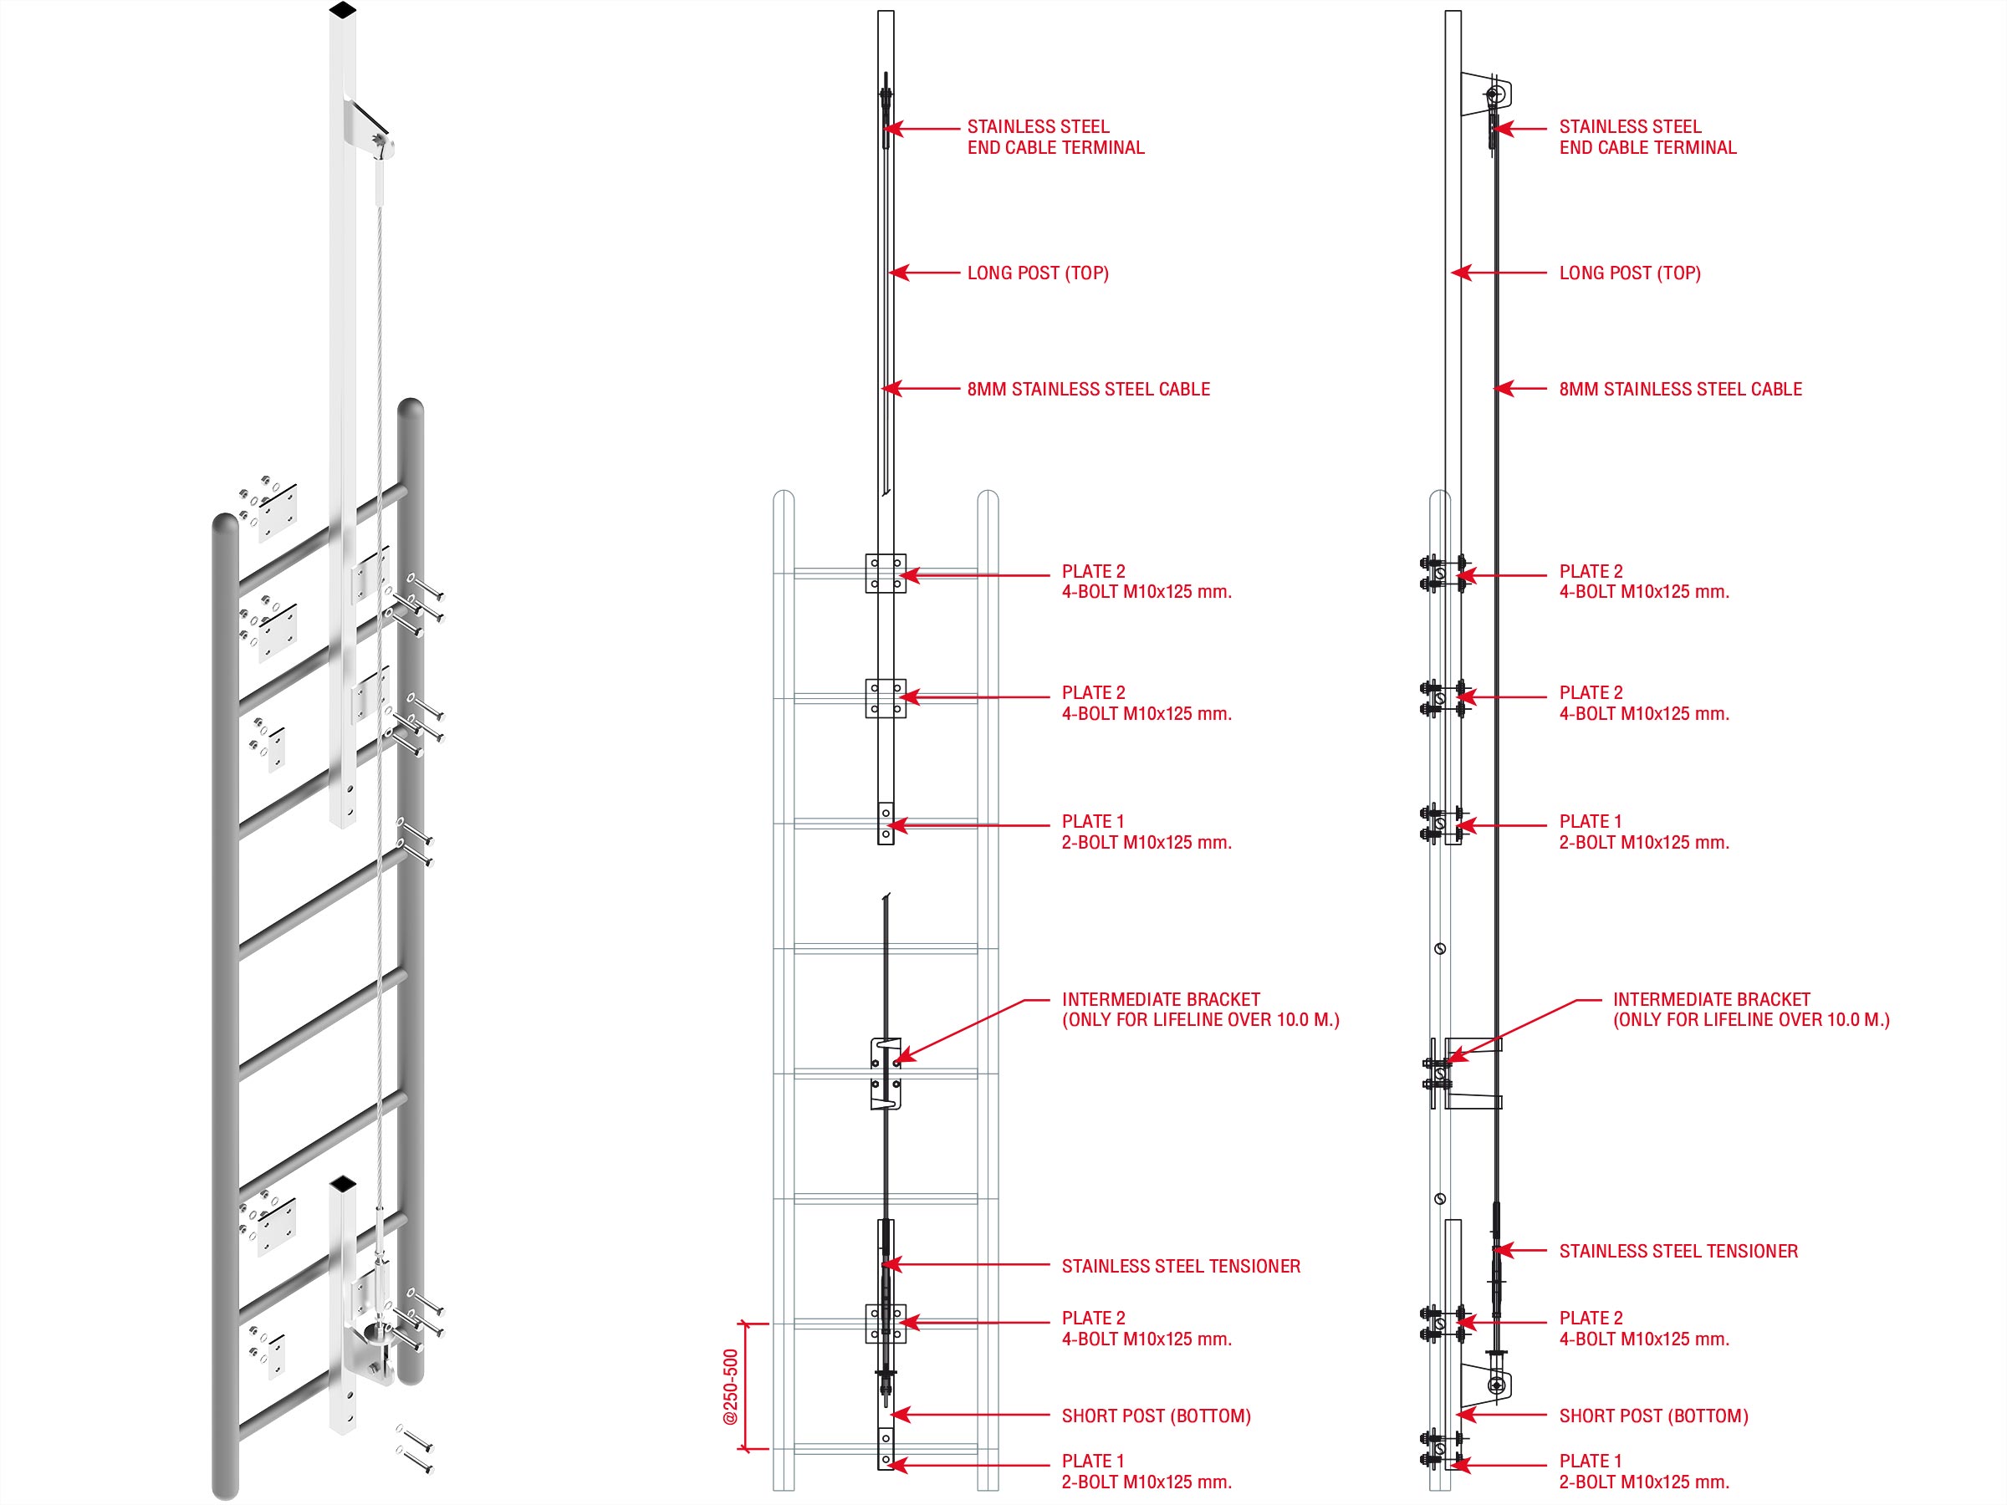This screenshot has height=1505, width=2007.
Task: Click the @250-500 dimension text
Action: pyautogui.click(x=730, y=1386)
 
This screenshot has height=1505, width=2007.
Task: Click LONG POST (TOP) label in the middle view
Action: pyautogui.click(x=1037, y=273)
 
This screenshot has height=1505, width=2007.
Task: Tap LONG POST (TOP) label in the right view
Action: pyautogui.click(x=1630, y=273)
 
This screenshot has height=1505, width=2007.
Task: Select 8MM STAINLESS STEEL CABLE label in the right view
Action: pyautogui.click(x=1679, y=389)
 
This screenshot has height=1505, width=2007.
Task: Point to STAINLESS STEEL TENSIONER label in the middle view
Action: pyautogui.click(x=1181, y=1266)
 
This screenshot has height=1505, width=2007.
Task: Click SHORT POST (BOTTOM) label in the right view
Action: pyautogui.click(x=1653, y=1416)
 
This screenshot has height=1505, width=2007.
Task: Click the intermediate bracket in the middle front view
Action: pyautogui.click(x=886, y=1074)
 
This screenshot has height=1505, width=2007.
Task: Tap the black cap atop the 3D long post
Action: pyautogui.click(x=342, y=10)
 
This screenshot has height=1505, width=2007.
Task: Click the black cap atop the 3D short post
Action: pyautogui.click(x=343, y=1183)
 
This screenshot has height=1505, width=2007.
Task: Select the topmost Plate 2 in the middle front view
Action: pyautogui.click(x=886, y=574)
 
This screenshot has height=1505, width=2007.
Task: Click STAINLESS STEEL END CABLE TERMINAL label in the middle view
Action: pyautogui.click(x=1055, y=137)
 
